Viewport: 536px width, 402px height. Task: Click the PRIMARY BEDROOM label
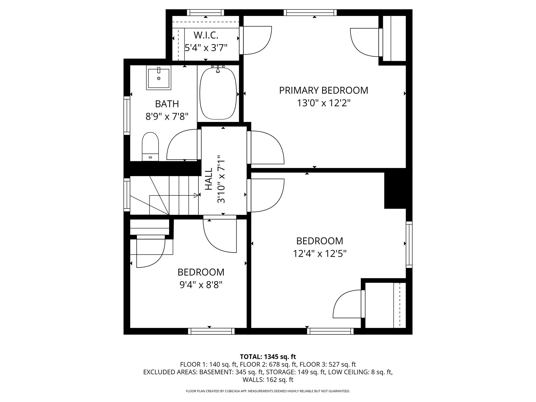(323, 90)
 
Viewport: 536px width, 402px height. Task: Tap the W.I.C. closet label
(206, 35)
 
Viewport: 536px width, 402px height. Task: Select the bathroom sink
(159, 78)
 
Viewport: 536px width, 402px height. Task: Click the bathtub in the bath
(218, 94)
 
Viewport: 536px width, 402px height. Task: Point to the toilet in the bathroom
(150, 147)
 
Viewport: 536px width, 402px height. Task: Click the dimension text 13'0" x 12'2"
(323, 103)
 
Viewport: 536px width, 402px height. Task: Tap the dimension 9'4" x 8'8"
(201, 285)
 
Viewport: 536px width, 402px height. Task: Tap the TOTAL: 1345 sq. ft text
(268, 357)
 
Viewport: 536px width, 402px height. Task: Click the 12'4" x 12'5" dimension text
(320, 254)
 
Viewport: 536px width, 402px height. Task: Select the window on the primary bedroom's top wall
(310, 13)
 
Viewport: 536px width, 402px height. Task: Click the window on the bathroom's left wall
(127, 115)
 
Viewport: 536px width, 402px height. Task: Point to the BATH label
(167, 104)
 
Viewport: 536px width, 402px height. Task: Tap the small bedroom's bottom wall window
(211, 331)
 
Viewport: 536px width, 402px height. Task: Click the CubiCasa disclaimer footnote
(268, 391)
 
